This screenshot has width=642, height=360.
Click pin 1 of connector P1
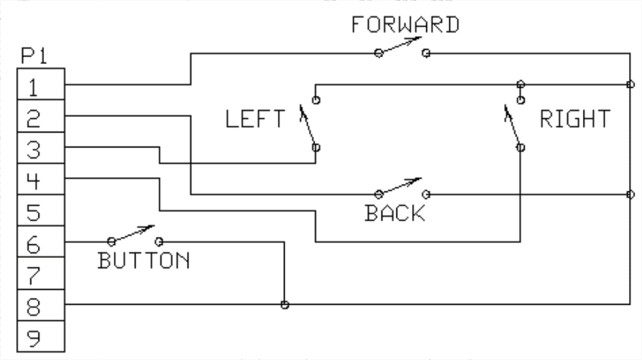coord(40,84)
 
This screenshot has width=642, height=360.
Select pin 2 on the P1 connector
coord(40,116)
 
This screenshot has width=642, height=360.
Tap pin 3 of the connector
coord(40,148)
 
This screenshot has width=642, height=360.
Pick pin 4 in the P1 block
coord(40,180)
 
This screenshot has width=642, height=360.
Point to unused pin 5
coord(40,211)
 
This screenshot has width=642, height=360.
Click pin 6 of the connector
coord(40,243)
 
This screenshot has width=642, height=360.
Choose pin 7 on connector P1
coord(40,274)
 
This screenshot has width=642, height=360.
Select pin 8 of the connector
coord(40,306)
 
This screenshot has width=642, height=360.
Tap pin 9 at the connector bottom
coord(40,338)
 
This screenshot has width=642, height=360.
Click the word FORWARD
coord(405,24)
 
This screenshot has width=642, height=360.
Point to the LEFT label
coord(255,118)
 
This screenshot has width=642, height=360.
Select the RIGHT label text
coord(575,118)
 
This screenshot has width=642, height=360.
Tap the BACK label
coord(395,213)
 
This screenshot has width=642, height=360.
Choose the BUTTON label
coord(144,259)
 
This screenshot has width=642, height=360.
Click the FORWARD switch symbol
coord(401,48)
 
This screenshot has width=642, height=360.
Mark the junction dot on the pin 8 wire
coord(285,305)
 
